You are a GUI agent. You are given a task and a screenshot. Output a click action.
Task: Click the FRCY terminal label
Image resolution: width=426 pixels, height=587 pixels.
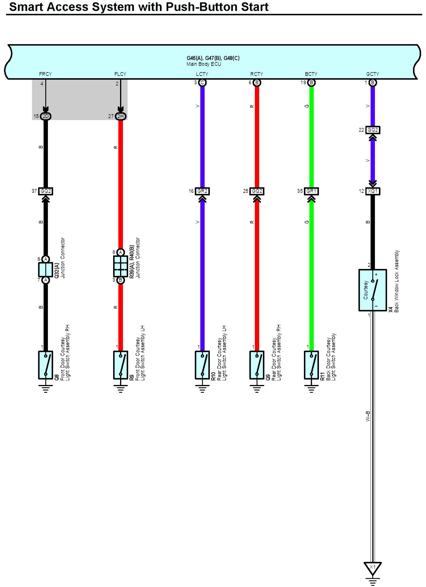[x=45, y=74]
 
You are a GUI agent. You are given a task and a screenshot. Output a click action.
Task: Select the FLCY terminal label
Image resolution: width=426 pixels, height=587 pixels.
[x=120, y=74]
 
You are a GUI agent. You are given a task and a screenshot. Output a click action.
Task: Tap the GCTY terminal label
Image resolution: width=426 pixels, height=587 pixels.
[x=372, y=74]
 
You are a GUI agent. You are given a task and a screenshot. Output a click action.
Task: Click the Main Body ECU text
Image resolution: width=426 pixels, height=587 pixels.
[x=204, y=64]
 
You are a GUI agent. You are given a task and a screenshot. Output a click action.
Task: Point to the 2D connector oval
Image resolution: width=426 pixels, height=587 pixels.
[x=46, y=116]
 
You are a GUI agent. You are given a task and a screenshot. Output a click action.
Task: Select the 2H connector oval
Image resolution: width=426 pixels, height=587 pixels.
[x=121, y=116]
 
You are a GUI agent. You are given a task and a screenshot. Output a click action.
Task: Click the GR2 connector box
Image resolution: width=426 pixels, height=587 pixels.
[x=202, y=191]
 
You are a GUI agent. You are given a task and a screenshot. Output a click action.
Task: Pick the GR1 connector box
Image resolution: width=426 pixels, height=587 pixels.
[x=311, y=191]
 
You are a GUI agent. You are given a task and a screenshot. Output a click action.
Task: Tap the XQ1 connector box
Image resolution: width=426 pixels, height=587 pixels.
[x=372, y=191]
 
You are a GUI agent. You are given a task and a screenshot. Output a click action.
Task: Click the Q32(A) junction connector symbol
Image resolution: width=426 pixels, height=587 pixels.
[x=46, y=270]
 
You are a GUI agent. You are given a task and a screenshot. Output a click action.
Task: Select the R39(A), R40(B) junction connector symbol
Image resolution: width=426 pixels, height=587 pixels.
[x=121, y=266]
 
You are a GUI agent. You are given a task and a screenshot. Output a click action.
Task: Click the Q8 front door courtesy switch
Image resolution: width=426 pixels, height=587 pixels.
[x=46, y=365]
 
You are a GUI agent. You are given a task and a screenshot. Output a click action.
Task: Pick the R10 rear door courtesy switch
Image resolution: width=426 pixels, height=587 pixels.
[x=202, y=365]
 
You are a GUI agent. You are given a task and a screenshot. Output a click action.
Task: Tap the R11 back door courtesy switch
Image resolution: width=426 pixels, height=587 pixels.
[x=311, y=365]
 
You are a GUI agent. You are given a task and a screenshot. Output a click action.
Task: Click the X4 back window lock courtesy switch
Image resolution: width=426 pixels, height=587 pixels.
[x=372, y=290]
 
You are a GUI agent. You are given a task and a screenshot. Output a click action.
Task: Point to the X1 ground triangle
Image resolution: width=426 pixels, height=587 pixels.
[x=372, y=568]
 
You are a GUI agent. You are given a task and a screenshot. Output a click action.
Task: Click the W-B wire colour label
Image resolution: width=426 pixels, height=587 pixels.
[x=368, y=416]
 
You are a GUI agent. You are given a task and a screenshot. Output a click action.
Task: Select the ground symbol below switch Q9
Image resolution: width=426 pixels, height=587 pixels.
[x=257, y=389]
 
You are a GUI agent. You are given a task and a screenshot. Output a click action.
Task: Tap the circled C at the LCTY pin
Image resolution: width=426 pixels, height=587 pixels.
[x=202, y=83]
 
